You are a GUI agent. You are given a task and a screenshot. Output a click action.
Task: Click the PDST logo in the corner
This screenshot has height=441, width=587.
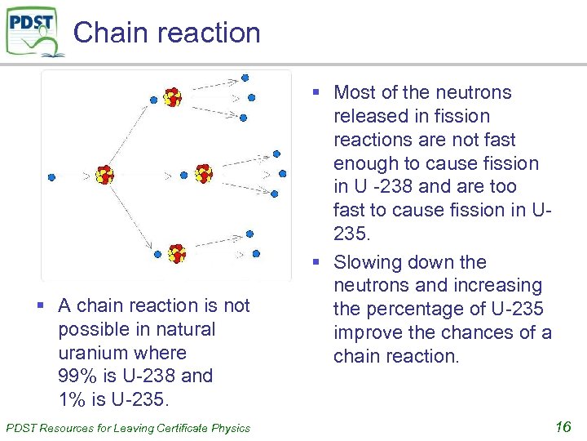(x=33, y=31)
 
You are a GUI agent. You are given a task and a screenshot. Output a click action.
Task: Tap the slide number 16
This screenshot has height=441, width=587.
(x=563, y=426)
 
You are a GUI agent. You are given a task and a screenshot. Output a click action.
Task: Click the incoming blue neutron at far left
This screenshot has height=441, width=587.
(x=51, y=176)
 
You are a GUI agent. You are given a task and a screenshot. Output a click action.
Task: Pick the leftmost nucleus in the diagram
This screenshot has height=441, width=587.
(x=104, y=174)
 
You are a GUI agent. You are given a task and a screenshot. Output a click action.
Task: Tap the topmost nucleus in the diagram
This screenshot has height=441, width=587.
(x=172, y=98)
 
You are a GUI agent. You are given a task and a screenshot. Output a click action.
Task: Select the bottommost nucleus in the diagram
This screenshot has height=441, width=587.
(x=177, y=253)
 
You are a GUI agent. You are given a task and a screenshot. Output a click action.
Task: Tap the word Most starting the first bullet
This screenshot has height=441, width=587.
(x=355, y=93)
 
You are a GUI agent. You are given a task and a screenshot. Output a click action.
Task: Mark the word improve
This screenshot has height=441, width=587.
(x=367, y=333)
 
